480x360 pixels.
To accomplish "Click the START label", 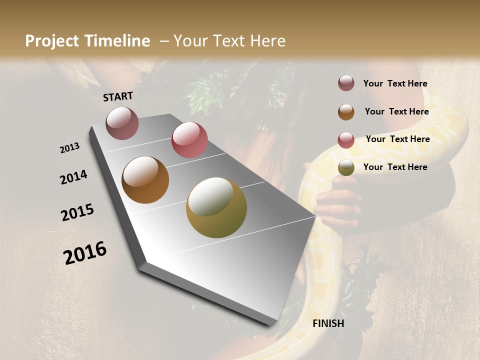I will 118,96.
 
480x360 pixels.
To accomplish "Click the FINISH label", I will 328,323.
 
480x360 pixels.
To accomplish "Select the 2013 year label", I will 70,148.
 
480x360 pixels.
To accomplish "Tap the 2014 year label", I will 74,177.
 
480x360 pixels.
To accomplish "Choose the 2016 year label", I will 85,253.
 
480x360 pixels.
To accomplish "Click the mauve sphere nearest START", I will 122,123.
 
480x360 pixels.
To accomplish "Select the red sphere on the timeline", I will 189,140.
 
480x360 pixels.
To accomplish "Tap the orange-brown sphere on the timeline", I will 145,180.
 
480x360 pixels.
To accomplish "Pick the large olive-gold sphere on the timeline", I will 216,207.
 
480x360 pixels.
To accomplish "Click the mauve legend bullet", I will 346,83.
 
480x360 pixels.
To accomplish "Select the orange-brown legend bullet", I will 346,112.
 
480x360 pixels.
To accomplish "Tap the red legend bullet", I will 346,140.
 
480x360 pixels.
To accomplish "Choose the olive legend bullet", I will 346,168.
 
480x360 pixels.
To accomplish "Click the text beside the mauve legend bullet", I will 395,84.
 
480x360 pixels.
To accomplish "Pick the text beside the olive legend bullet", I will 395,167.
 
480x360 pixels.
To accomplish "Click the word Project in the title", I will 52,41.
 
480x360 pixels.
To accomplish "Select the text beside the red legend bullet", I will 397,139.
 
